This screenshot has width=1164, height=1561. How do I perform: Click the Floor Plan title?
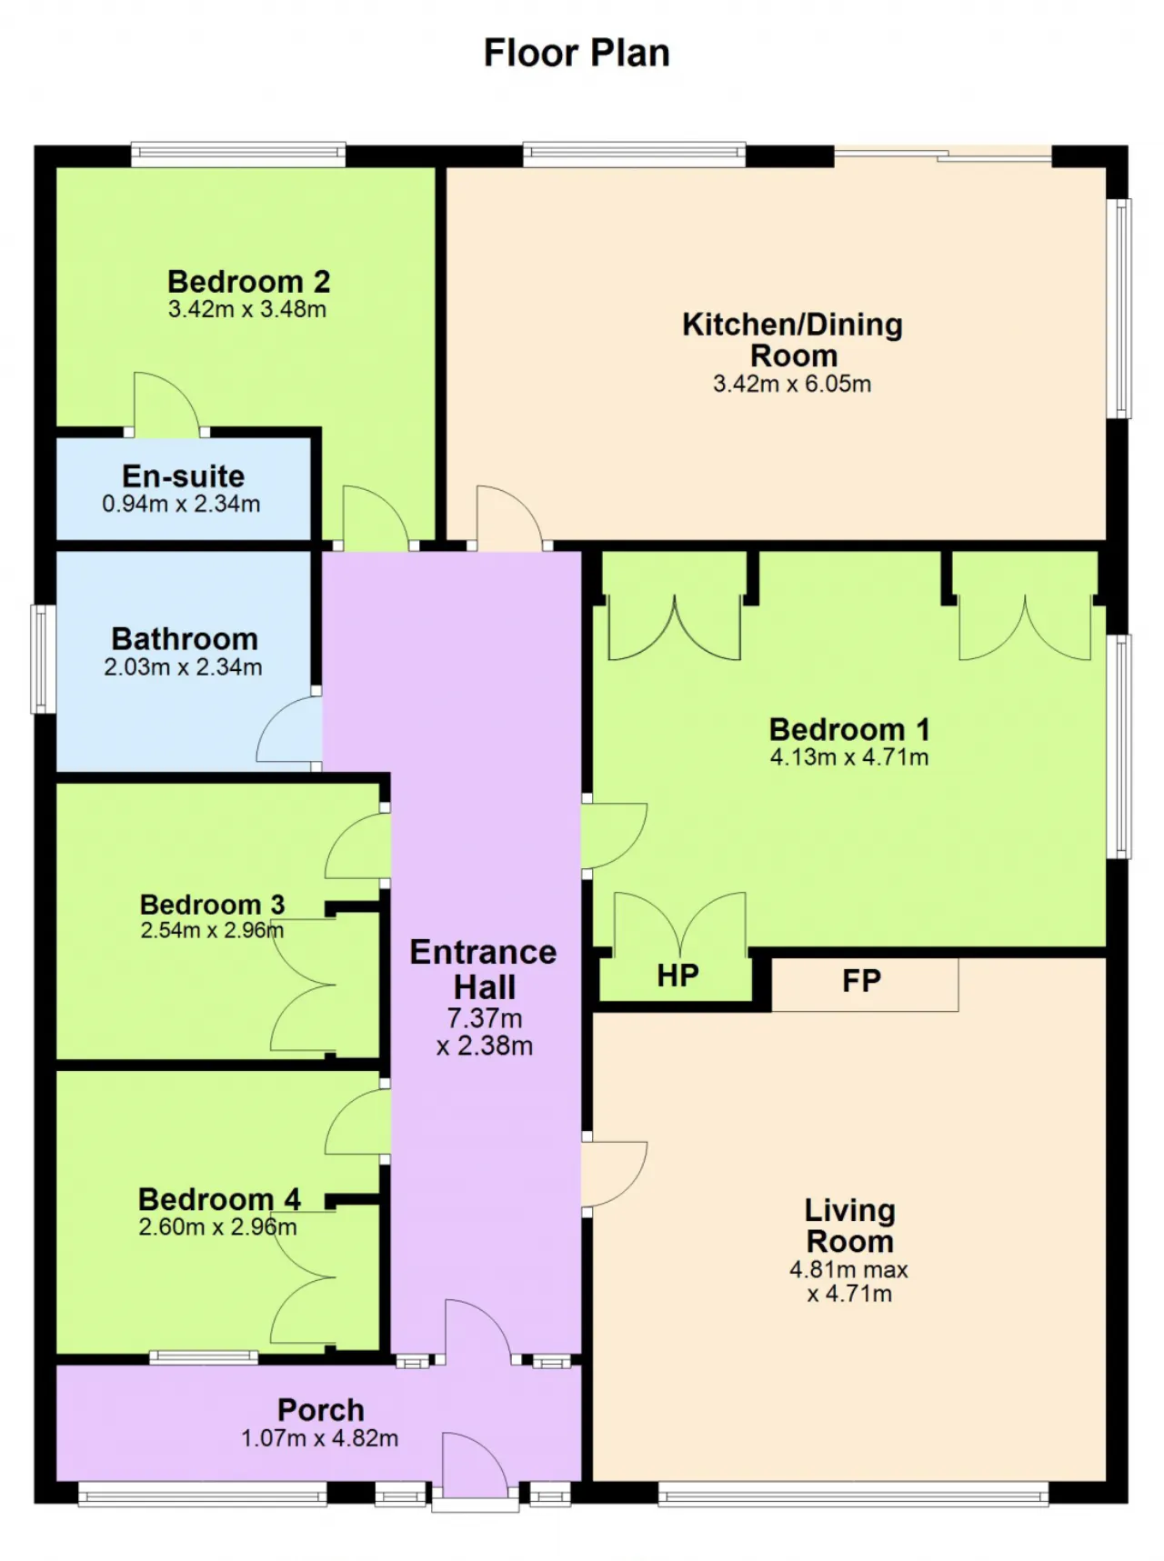[x=577, y=53]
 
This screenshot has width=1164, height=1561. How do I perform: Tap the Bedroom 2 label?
[x=248, y=281]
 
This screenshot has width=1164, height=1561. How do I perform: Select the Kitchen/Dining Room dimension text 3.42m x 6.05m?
[x=792, y=384]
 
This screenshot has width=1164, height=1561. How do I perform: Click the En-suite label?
[x=184, y=476]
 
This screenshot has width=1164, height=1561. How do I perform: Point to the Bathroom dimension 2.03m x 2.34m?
[x=183, y=667]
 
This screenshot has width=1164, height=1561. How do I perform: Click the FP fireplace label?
[x=861, y=981]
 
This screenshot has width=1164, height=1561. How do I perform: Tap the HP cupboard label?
[x=677, y=976]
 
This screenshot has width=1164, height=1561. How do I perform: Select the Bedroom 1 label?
[x=849, y=729]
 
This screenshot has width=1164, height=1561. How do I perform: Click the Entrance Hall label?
[x=484, y=969]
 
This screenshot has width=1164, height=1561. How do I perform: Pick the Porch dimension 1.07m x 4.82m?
[x=319, y=1438]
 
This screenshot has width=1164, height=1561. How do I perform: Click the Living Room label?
[x=850, y=1226]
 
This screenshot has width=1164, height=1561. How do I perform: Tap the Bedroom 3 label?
[x=212, y=905]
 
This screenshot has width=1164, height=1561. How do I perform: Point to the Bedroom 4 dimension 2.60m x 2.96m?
[x=217, y=1227]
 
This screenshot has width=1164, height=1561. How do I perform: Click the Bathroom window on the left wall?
[x=41, y=659]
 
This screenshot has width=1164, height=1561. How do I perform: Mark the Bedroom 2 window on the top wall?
[x=238, y=154]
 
